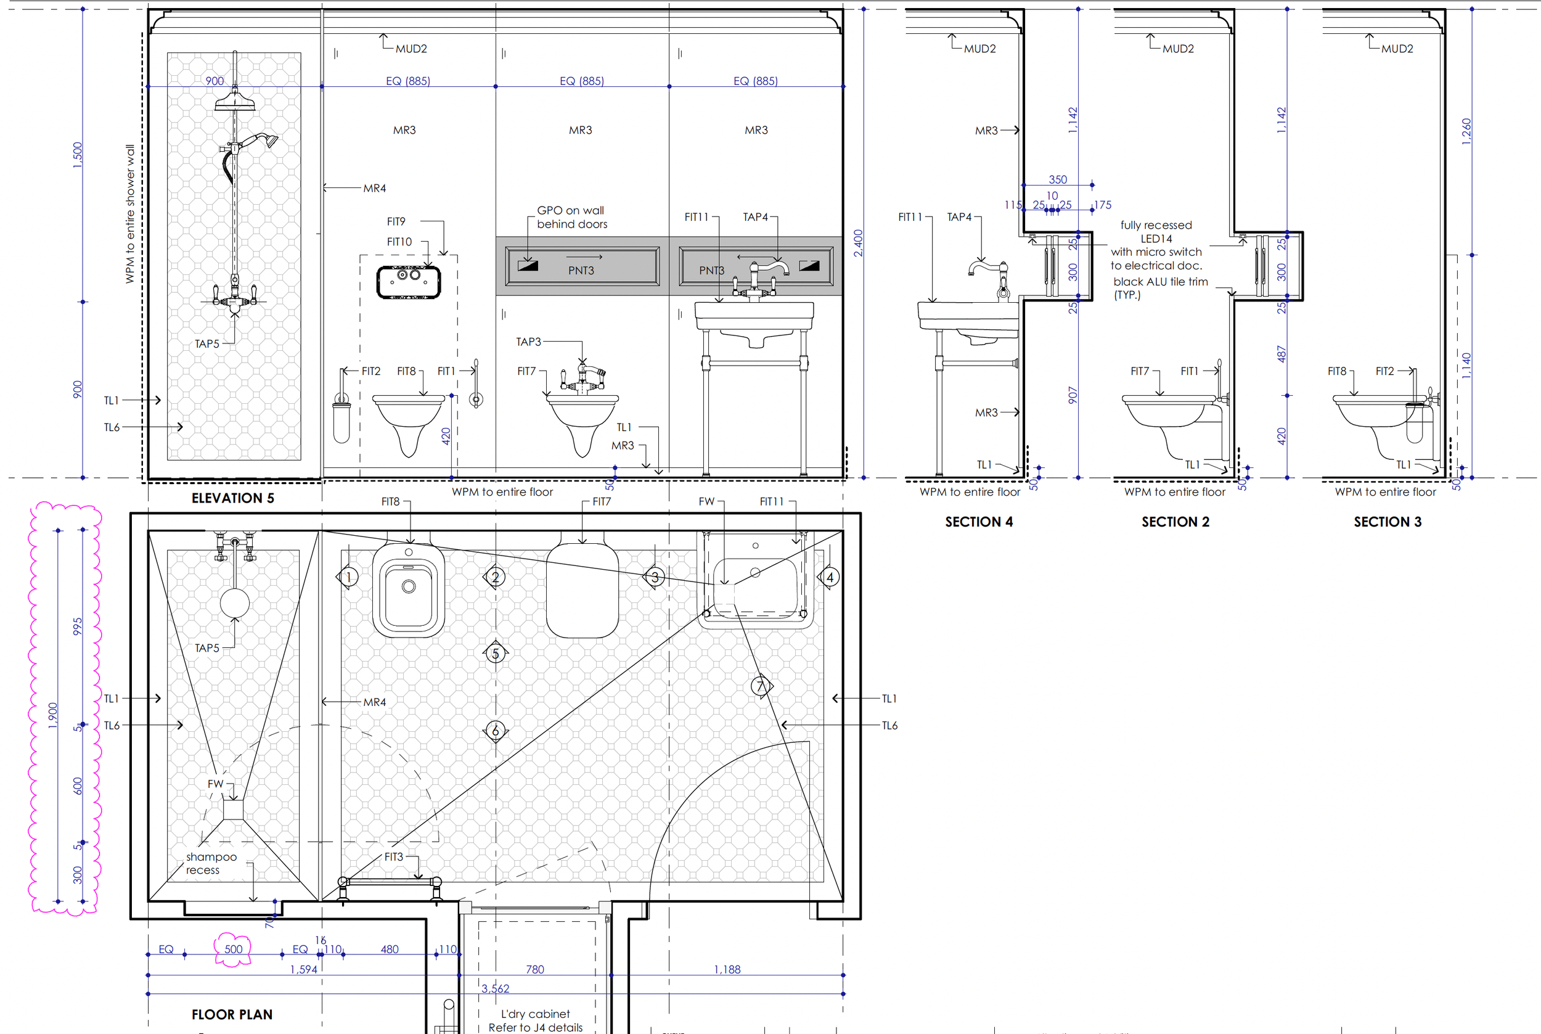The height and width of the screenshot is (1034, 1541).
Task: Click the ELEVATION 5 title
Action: tap(232, 498)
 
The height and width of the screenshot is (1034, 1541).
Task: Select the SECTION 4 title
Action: tap(979, 522)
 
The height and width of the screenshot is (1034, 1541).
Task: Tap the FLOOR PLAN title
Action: tap(232, 1014)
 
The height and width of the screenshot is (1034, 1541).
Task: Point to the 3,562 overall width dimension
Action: tap(495, 988)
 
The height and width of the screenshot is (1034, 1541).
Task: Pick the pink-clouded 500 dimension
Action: tap(234, 949)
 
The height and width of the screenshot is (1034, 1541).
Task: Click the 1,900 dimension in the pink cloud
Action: tap(53, 715)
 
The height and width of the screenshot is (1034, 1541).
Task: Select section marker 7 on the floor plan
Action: tap(761, 686)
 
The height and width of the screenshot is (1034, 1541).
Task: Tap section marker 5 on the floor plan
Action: tap(496, 654)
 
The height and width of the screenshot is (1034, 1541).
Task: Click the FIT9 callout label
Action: tap(396, 221)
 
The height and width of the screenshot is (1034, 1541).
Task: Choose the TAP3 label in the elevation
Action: tap(528, 342)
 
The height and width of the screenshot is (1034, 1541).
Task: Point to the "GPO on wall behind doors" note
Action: tap(571, 217)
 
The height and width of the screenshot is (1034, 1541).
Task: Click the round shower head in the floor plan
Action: tap(235, 603)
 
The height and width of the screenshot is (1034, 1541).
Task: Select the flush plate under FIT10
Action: tap(409, 282)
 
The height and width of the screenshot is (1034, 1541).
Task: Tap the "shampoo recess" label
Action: tap(211, 863)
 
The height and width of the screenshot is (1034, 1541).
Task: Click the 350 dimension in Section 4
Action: tap(1057, 179)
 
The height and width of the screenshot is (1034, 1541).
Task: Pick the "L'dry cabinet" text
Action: tap(535, 1014)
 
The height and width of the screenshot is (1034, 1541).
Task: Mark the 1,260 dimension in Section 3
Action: tap(1466, 131)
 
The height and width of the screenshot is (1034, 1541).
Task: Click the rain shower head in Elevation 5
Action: tap(235, 102)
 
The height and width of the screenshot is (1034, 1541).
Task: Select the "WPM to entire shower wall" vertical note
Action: tap(130, 215)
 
